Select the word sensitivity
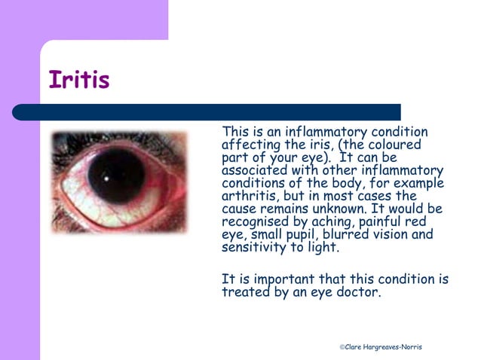254,247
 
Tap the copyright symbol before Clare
342,346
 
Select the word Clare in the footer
355,346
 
